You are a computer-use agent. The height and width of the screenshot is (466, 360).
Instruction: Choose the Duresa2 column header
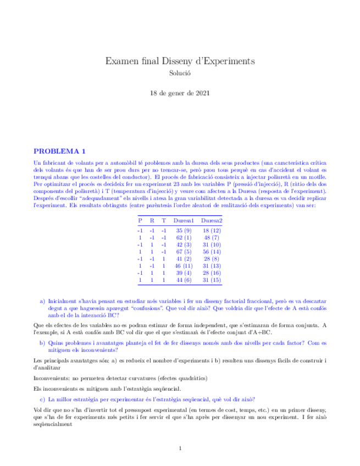tap(212, 220)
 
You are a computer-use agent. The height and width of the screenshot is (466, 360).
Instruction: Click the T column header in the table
tap(163, 220)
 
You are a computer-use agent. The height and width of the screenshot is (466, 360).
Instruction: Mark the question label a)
tap(42, 302)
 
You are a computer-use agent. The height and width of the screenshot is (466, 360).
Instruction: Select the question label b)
tap(42, 342)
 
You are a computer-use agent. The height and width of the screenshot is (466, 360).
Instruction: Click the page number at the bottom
tap(180, 448)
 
